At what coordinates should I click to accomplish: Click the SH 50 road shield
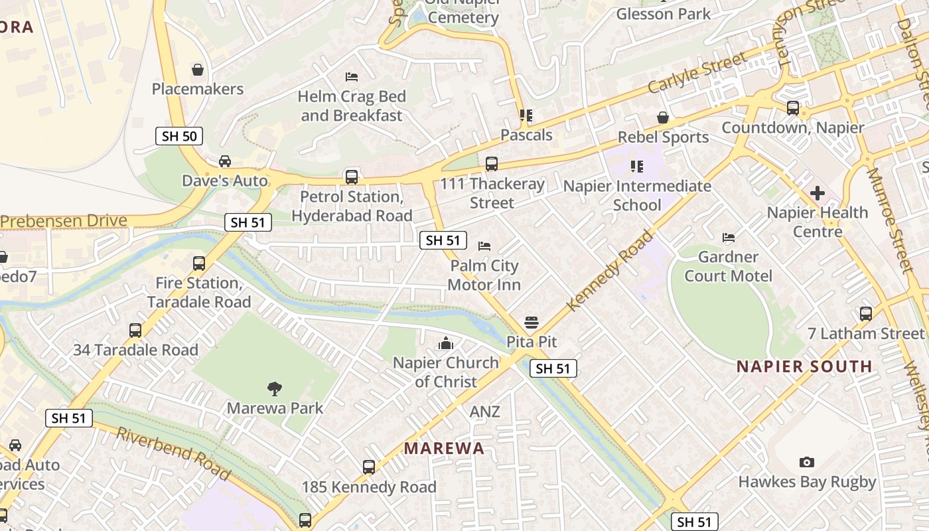click(179, 136)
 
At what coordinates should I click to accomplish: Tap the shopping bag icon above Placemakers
click(197, 70)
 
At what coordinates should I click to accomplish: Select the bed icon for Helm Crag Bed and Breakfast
click(352, 77)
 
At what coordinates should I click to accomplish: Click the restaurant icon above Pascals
click(526, 115)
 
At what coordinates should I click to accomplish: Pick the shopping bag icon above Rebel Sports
click(662, 117)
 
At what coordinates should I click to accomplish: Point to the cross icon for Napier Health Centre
click(818, 193)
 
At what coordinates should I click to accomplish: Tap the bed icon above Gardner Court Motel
click(729, 238)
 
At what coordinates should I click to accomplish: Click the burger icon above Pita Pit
click(531, 323)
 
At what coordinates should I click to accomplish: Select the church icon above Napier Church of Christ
click(446, 343)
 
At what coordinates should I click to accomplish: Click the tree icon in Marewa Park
click(275, 388)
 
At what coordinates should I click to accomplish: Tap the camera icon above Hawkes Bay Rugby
click(807, 462)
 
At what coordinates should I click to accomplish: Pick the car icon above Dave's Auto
click(225, 161)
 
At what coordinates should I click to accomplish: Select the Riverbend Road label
click(174, 453)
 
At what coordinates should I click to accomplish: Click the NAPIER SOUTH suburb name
click(804, 366)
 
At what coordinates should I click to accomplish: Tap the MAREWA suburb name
click(444, 448)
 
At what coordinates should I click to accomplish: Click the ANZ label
click(484, 412)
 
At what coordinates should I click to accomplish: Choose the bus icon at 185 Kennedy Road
click(369, 467)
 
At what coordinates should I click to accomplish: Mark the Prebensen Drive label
click(64, 221)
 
